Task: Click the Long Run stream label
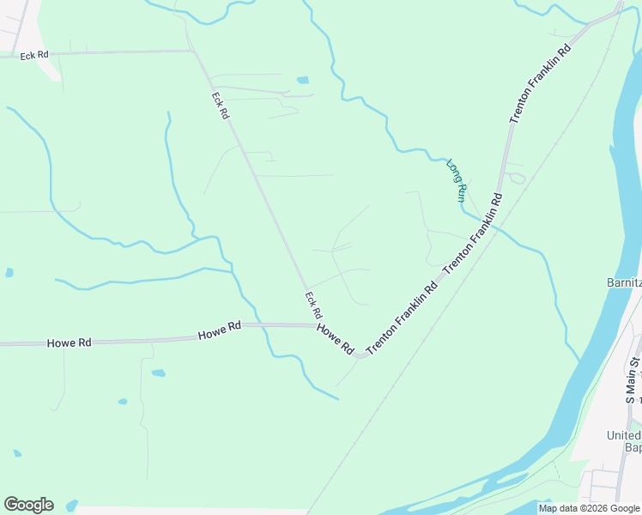pos(457,180)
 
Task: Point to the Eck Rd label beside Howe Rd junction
pos(313,305)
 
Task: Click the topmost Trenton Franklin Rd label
pos(540,84)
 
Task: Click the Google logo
pos(28,505)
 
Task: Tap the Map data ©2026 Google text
pos(589,508)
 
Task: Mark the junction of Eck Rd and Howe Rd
pos(315,325)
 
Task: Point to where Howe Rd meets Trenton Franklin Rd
pos(361,354)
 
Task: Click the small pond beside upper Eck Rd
pos(302,80)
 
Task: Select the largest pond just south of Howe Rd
pos(158,373)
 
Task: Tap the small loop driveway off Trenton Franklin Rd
pos(517,178)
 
